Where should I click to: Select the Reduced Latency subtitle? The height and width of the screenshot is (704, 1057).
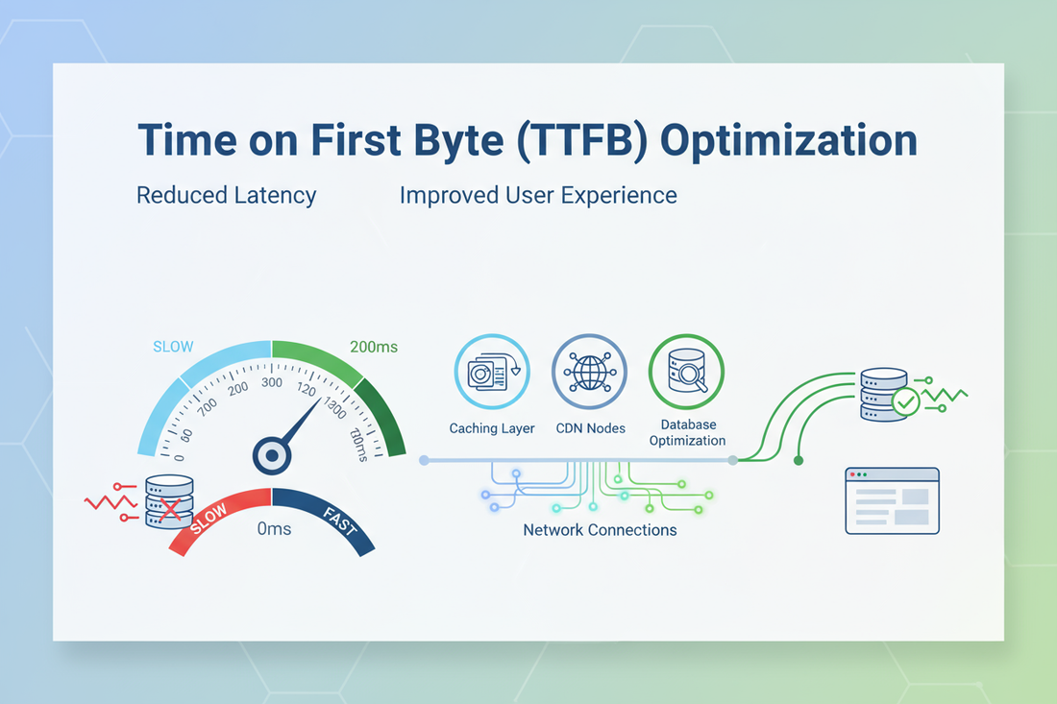point(226,195)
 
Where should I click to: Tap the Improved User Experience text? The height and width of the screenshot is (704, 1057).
point(538,195)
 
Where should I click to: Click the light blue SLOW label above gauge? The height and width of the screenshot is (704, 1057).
point(173,347)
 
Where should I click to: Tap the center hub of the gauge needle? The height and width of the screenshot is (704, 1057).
point(272,455)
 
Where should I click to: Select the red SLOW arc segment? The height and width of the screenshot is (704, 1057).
point(216,520)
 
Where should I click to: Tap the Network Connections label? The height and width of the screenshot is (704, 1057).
point(600,530)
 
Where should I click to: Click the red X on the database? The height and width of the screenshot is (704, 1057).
point(170,508)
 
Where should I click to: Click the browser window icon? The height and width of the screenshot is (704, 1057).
point(892,500)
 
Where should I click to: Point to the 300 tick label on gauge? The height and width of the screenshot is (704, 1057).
point(272,383)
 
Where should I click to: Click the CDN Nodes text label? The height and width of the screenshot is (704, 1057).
point(590,428)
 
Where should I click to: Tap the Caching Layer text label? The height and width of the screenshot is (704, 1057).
point(492,428)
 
